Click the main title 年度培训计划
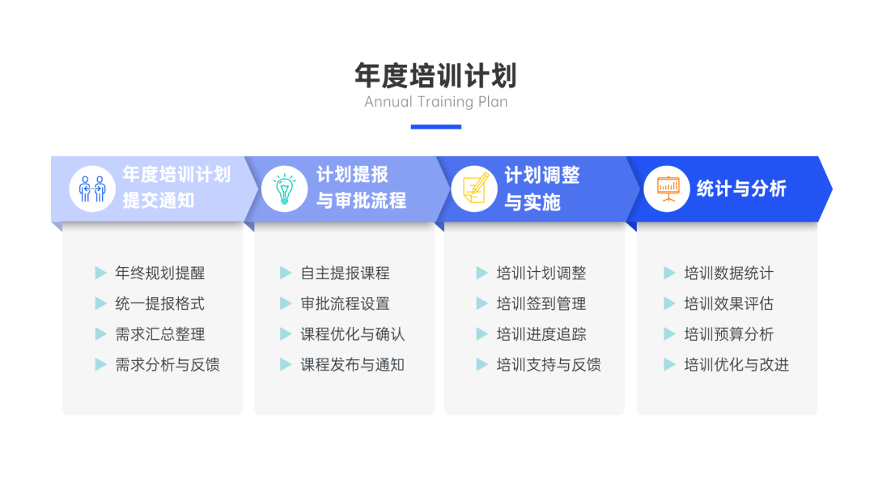tap(436, 76)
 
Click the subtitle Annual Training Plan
tap(436, 102)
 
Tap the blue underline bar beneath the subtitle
tap(436, 127)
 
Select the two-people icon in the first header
tap(92, 189)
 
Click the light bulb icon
tap(285, 189)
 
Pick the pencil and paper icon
tap(474, 189)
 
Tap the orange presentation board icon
tap(667, 189)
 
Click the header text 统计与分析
tap(741, 189)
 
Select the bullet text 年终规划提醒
tap(160, 273)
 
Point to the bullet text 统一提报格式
tap(160, 303)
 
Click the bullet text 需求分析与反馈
tap(168, 365)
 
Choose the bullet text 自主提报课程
tap(345, 273)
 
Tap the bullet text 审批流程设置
tap(345, 303)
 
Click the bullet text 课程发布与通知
tap(352, 365)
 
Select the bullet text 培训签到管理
tap(541, 303)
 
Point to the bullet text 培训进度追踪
tap(541, 334)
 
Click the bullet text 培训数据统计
tap(728, 273)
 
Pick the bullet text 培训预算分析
tap(728, 334)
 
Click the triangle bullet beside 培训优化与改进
tap(669, 365)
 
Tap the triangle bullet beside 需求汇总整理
tap(100, 334)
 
